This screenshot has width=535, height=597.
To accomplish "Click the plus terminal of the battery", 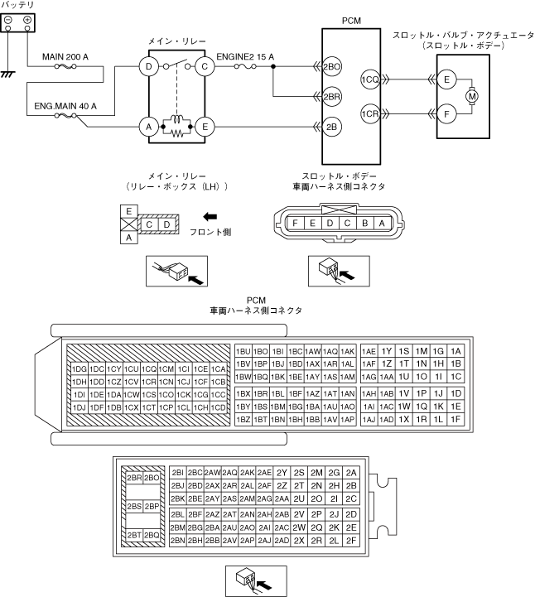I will tap(28, 18).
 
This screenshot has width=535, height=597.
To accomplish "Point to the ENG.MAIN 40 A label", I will tap(65, 106).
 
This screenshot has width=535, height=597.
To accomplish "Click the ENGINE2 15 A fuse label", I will tap(245, 56).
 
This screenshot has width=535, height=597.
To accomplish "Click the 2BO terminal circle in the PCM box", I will tap(332, 66).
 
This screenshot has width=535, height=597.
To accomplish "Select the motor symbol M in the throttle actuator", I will tap(473, 96).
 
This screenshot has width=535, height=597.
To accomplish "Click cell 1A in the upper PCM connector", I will tap(455, 351).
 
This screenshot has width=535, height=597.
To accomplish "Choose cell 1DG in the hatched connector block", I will tap(79, 368).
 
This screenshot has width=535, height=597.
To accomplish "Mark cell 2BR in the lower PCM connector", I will tap(133, 478).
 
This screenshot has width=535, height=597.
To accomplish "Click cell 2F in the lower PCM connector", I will tap(352, 540).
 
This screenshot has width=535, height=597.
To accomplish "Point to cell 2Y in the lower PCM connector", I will tap(282, 472).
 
